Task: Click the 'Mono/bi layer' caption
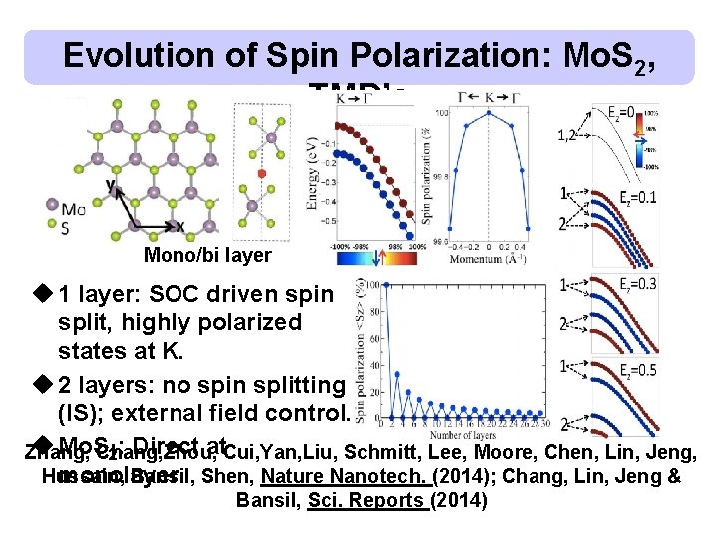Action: pos(207,256)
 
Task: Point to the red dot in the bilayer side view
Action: pos(262,172)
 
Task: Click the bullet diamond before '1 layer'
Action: pos(41,294)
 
